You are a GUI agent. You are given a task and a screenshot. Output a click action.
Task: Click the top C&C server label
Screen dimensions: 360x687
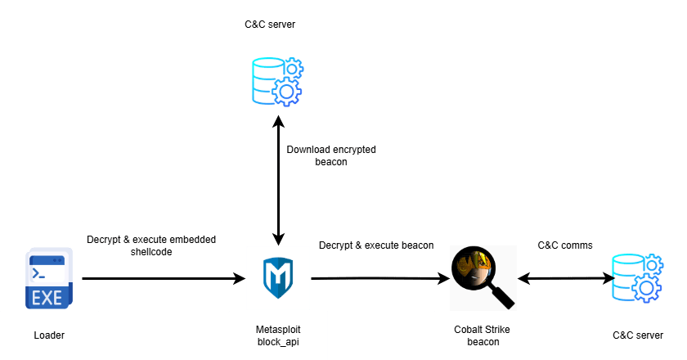[269, 25]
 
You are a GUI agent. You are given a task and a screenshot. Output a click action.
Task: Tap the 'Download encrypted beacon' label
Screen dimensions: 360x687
[330, 155]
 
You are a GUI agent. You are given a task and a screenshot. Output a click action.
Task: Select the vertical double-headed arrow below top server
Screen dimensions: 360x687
[278, 188]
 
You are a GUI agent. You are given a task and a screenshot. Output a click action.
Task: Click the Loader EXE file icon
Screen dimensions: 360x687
[48, 279]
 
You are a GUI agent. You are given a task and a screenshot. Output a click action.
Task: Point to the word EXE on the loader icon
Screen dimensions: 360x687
[47, 297]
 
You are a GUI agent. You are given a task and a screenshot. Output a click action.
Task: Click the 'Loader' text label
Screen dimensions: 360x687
[48, 335]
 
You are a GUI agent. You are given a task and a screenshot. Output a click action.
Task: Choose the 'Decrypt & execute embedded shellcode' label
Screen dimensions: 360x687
[151, 245]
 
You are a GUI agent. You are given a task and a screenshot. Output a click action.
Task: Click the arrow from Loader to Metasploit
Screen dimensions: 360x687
[164, 279]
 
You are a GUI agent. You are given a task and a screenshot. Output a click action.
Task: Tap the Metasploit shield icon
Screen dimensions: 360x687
[278, 278]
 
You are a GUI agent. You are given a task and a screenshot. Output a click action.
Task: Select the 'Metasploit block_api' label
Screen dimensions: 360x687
[278, 335]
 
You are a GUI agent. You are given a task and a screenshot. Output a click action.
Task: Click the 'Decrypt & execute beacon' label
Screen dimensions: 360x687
[375, 245]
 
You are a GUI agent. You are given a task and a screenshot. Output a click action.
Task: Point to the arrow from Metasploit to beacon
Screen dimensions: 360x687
[380, 279]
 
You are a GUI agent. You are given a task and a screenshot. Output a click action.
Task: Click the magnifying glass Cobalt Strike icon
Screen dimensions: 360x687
[478, 274]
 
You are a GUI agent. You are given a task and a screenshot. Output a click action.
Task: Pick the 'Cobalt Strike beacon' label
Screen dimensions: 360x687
[478, 335]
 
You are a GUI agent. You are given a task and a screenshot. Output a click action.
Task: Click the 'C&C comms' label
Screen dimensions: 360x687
[564, 245]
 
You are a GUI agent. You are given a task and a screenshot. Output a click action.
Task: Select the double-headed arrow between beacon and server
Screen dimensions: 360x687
[564, 279]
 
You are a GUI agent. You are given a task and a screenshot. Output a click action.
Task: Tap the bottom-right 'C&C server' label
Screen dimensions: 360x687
[637, 335]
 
